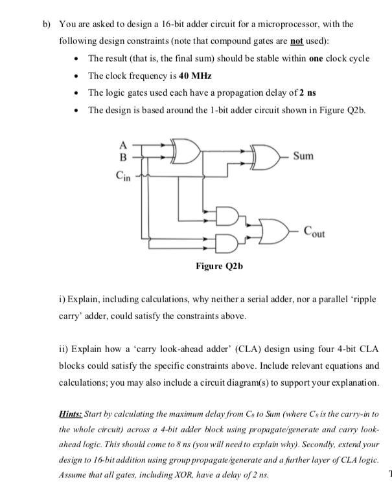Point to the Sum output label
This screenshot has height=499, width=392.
tap(304, 156)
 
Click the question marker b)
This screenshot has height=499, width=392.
tap(46, 24)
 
